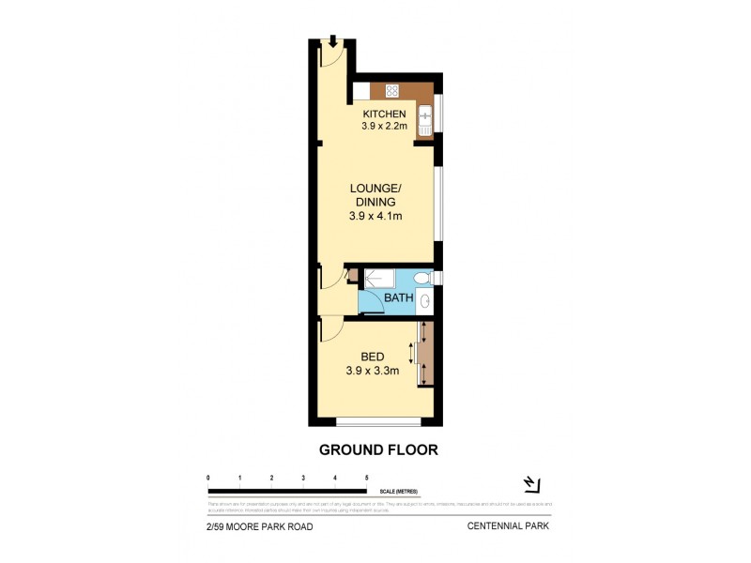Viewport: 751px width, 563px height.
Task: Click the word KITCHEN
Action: [385, 114]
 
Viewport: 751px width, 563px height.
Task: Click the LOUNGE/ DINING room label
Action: [375, 195]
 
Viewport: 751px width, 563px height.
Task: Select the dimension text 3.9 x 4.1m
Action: [375, 216]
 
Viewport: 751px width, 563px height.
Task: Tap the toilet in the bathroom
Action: [422, 279]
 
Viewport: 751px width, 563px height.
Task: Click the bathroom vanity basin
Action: [424, 301]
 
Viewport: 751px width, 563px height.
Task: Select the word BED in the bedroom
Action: [374, 357]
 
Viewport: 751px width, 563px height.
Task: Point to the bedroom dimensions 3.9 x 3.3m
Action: [374, 370]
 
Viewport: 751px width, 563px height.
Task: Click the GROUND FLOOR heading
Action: [378, 449]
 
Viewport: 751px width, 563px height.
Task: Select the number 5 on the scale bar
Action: [366, 479]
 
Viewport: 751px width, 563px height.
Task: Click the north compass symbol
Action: [531, 484]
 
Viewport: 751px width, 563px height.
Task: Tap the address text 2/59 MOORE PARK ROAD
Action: [260, 526]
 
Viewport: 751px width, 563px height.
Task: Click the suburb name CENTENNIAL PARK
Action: [508, 526]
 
